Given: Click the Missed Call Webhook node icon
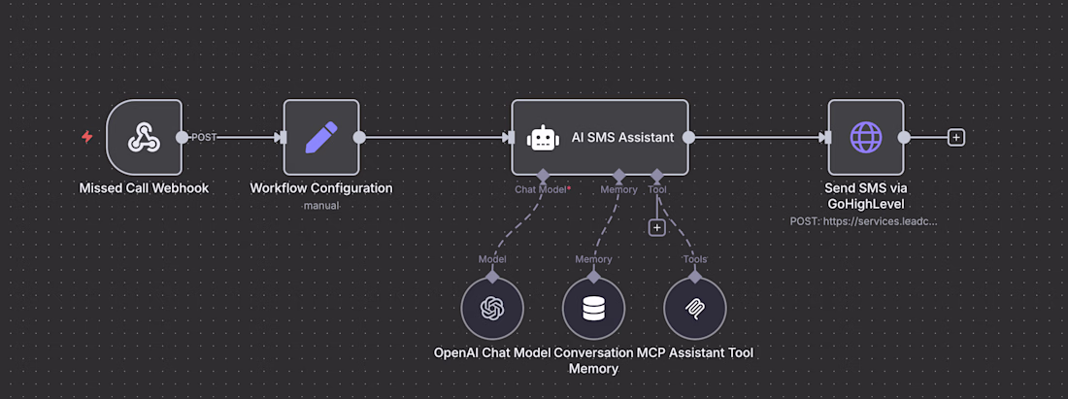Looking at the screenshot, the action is [x=145, y=137].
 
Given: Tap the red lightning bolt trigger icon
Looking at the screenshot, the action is [x=87, y=137].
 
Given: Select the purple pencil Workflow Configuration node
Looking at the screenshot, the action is [x=321, y=137].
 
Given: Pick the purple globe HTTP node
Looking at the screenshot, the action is [x=866, y=137].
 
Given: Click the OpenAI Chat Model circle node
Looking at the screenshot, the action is [x=492, y=308].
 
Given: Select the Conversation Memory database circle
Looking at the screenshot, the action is [x=593, y=308].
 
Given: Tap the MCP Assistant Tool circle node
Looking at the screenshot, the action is [x=695, y=308].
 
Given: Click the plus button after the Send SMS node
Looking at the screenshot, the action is [x=956, y=138].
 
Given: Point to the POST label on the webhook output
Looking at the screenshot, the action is [x=204, y=137].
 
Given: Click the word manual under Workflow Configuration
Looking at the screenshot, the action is [x=321, y=205].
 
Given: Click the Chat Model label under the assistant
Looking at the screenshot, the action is [x=541, y=190].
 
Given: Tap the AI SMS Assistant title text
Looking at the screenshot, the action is [x=622, y=138].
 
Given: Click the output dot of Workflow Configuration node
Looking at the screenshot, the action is [x=359, y=137].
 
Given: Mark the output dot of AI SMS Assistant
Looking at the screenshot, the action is [x=688, y=137].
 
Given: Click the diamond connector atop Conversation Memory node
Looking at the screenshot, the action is [x=593, y=277].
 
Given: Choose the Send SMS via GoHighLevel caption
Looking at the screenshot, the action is [x=866, y=195].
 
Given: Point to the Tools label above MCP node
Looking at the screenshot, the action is [x=695, y=259].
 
